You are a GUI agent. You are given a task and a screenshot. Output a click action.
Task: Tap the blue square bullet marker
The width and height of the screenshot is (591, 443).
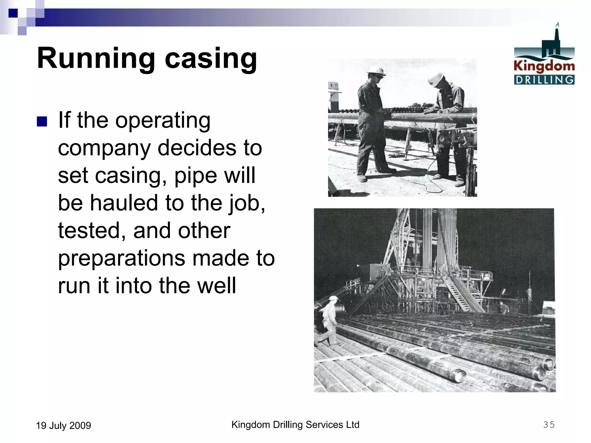[42, 122]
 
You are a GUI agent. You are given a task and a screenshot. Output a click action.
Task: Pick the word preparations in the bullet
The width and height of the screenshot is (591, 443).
[121, 258]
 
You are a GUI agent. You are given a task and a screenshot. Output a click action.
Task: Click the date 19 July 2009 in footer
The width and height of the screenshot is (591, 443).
[63, 425]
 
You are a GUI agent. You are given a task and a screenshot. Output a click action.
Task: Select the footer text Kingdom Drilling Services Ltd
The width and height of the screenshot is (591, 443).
[295, 425]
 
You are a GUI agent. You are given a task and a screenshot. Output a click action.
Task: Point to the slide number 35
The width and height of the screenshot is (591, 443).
[549, 425]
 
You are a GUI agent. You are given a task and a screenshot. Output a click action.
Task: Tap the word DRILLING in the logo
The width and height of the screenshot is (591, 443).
[544, 80]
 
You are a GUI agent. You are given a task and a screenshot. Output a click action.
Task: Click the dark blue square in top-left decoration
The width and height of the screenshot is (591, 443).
[13, 13]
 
